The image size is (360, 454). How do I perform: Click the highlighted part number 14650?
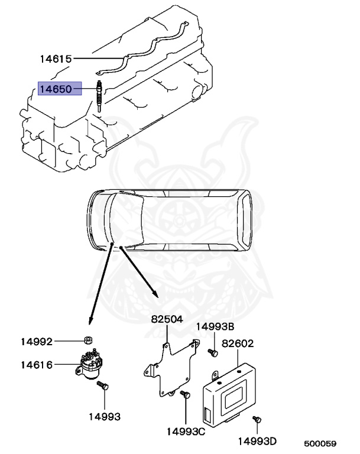[56, 90]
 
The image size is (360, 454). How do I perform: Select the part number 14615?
[56, 59]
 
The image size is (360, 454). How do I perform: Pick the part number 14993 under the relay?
[105, 417]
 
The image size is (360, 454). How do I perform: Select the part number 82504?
[167, 319]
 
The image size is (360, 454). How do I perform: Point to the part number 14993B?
[215, 326]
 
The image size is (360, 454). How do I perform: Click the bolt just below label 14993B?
[213, 353]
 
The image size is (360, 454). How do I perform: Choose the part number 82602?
[238, 342]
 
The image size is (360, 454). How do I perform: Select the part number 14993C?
[186, 432]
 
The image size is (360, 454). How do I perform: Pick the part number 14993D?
[258, 441]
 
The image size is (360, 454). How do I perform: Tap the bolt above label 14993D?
[257, 420]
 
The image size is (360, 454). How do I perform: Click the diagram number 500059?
[320, 443]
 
